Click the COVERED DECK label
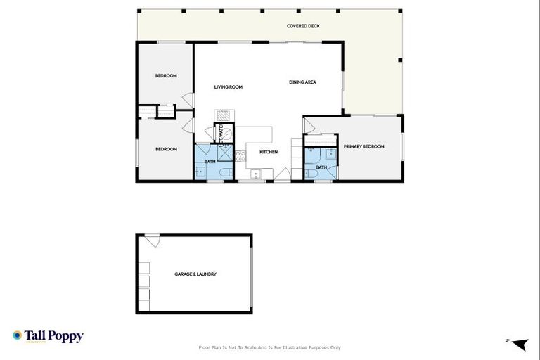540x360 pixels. coord(303,26)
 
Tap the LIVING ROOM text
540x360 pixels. coord(228,87)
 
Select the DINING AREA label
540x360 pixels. coord(302,82)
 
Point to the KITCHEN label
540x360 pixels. coord(269,152)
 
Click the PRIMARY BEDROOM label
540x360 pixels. coord(364,146)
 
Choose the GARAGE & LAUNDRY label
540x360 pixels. coord(195,274)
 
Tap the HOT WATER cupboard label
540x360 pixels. coord(221,133)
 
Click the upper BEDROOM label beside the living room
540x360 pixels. coord(165,75)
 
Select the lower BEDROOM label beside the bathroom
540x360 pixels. coord(165,149)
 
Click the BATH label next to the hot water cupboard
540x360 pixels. coord(210,162)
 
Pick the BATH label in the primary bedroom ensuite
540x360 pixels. coord(321,167)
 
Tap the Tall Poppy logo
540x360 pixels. coord(48,336)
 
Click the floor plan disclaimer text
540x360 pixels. coord(270,347)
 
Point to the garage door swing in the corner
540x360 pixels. coord(153,240)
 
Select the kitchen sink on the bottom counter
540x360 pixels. coord(255,174)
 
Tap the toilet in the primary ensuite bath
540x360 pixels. coord(310,173)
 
